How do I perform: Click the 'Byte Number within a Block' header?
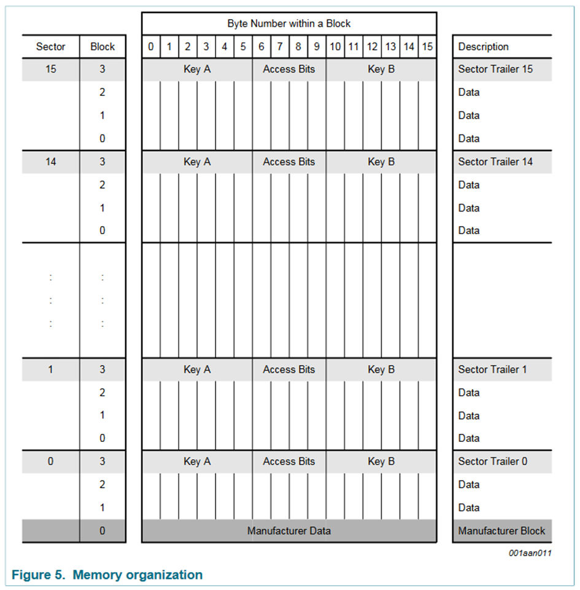tap(289, 24)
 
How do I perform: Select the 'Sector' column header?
tap(51, 47)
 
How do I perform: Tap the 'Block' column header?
tap(102, 47)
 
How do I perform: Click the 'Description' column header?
tap(484, 47)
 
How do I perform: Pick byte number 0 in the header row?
tap(151, 47)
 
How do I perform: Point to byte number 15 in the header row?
tap(427, 47)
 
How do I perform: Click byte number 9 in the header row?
tap(317, 47)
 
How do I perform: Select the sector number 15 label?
tap(51, 69)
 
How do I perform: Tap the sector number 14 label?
tap(51, 162)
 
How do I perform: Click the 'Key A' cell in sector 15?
tap(197, 69)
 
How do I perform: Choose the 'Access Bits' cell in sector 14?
tap(289, 162)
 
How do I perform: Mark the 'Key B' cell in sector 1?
tap(381, 369)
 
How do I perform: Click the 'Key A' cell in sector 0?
tap(197, 462)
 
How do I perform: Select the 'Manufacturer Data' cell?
tap(289, 530)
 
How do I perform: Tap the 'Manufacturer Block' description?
tap(501, 530)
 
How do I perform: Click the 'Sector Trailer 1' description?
tap(492, 369)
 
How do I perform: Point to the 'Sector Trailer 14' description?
tap(495, 162)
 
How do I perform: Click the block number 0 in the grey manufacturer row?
tap(102, 530)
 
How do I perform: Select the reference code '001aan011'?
tap(531, 553)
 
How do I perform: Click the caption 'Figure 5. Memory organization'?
tap(107, 575)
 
